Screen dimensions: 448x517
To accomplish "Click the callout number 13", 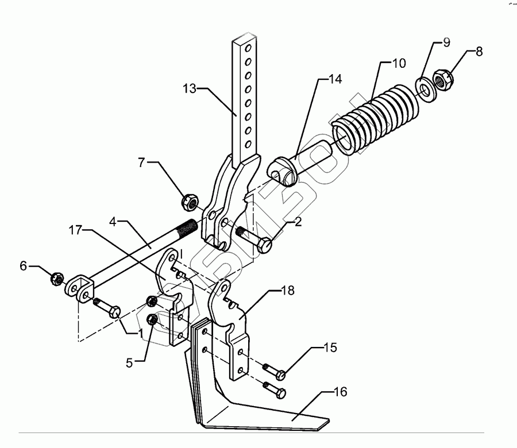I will (190, 89).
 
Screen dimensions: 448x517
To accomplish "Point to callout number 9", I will (446, 43).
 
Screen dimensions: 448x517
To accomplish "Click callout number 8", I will (479, 51).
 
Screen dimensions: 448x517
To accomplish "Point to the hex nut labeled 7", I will (189, 202).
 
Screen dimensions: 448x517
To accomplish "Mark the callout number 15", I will (330, 348).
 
